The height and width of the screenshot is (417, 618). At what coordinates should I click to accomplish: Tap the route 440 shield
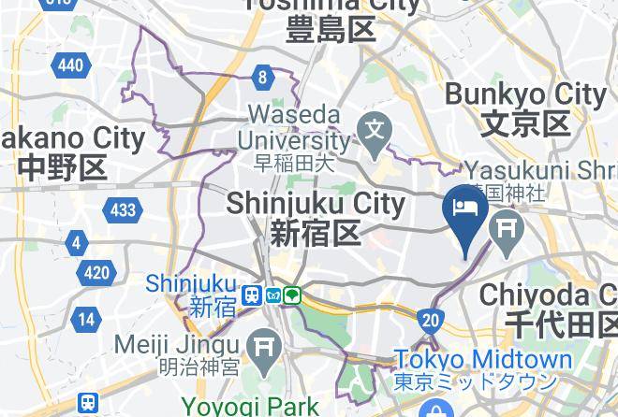click(x=69, y=65)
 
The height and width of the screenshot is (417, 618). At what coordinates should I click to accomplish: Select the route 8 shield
click(x=264, y=78)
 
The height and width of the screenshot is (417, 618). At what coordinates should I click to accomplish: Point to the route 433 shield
click(x=122, y=209)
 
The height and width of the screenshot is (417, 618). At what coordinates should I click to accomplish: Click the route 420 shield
click(x=96, y=274)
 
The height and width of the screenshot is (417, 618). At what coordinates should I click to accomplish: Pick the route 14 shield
click(x=86, y=319)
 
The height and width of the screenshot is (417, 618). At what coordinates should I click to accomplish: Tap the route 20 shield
click(x=431, y=320)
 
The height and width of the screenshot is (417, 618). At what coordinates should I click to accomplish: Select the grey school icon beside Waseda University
click(x=376, y=126)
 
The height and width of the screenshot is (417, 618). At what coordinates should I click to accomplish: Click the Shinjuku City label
click(x=315, y=202)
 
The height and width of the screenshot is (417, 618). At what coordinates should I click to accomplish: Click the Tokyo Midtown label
click(x=483, y=360)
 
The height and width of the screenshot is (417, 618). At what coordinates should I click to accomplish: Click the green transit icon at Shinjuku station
click(x=293, y=295)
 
